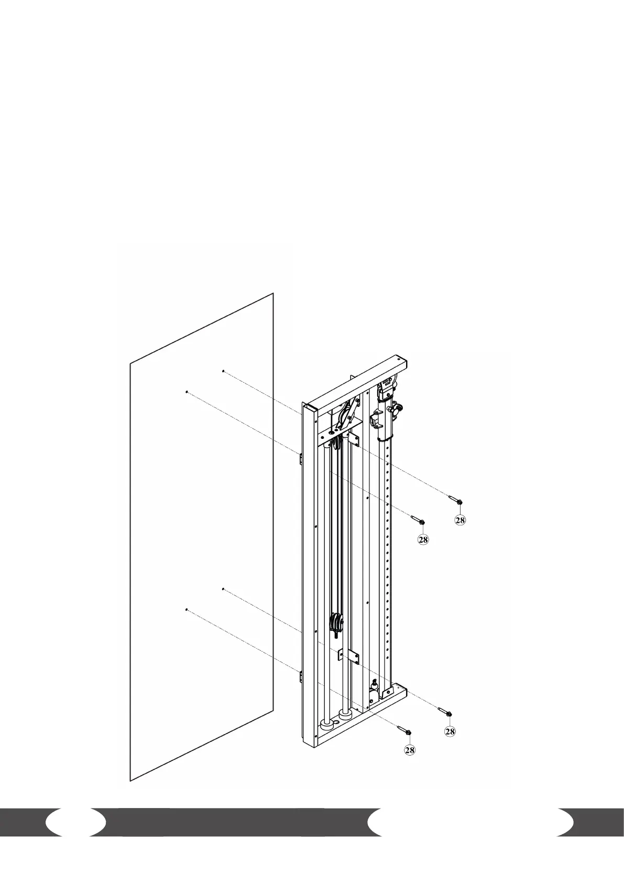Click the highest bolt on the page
point(455,500)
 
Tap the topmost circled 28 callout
point(460,520)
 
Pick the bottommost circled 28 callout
point(409,750)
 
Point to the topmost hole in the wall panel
point(223,371)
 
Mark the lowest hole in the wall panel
point(187,609)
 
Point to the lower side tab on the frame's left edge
point(301,677)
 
